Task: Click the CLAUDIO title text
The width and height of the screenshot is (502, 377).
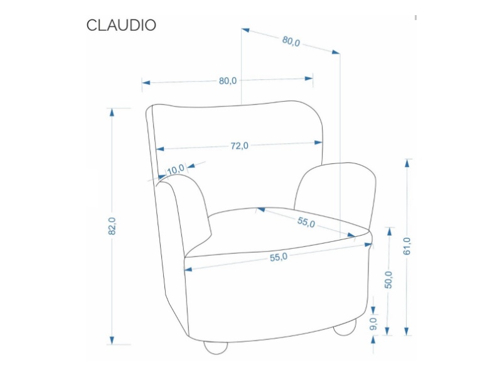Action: click(121, 25)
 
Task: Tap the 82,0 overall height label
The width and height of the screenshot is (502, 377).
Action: click(112, 226)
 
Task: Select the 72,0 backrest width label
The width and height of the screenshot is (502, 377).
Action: click(239, 146)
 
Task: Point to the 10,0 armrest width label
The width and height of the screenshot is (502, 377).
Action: click(176, 168)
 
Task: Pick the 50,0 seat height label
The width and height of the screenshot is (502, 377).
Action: click(389, 280)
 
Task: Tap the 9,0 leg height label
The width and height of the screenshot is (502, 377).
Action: click(373, 324)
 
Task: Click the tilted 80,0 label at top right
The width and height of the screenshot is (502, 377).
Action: click(291, 41)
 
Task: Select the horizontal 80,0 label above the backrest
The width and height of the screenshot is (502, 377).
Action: click(227, 80)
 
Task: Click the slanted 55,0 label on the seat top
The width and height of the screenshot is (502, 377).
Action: click(306, 222)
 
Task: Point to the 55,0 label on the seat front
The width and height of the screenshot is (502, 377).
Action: click(278, 257)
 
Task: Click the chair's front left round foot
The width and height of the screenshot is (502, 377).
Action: click(215, 347)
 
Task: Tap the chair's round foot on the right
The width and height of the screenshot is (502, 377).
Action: click(344, 328)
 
